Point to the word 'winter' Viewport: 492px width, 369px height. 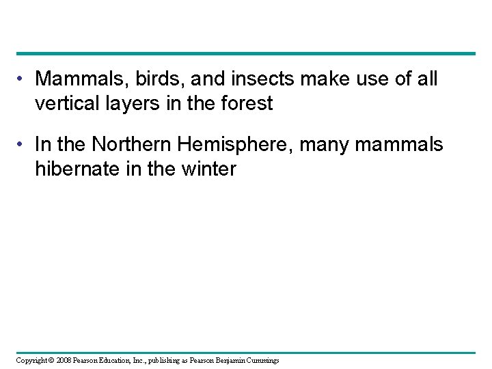208,169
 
